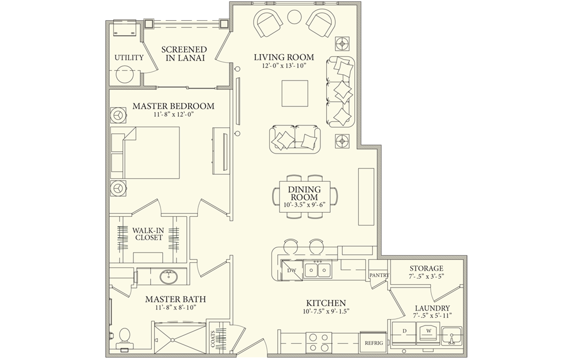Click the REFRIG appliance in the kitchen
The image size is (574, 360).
click(x=372, y=343)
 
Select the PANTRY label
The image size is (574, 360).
click(x=379, y=275)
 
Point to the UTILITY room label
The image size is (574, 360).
click(x=124, y=58)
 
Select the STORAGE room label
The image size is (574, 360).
click(x=426, y=269)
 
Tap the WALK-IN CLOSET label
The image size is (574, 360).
click(x=148, y=233)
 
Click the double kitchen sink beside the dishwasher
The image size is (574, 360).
click(x=316, y=270)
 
